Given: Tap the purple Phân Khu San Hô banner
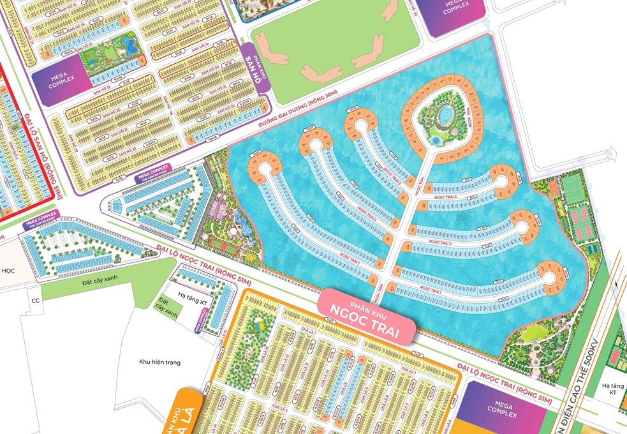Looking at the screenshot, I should [256, 74].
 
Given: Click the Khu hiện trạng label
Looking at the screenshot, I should [159, 362].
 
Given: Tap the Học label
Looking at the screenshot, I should [7, 269].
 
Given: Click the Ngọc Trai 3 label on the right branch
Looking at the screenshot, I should [446, 198].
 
